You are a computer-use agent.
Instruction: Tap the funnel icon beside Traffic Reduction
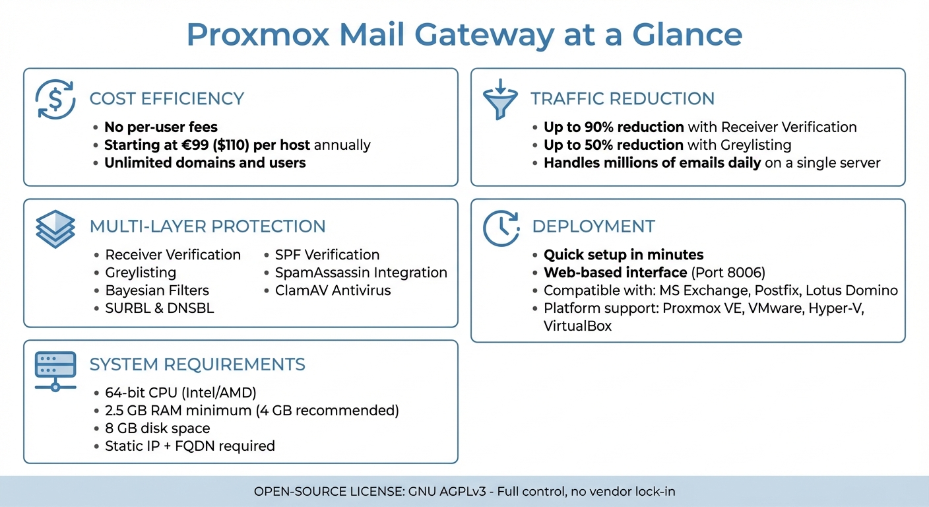click(500, 100)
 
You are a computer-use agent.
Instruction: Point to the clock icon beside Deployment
click(501, 228)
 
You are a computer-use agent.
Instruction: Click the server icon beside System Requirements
click(55, 370)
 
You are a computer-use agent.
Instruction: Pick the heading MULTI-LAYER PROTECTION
click(207, 226)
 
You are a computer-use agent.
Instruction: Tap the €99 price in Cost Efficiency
click(203, 145)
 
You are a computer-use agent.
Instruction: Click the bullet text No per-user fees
click(161, 127)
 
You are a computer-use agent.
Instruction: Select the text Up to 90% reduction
click(614, 127)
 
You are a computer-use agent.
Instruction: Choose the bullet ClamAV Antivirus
click(333, 290)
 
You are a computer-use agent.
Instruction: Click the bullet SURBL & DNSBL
click(160, 308)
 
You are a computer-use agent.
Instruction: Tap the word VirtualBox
click(577, 326)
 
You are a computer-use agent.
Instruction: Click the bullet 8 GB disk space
click(158, 428)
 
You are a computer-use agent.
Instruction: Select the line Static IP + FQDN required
click(190, 446)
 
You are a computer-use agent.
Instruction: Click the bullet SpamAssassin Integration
click(361, 273)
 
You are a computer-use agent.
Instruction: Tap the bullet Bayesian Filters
click(157, 290)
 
